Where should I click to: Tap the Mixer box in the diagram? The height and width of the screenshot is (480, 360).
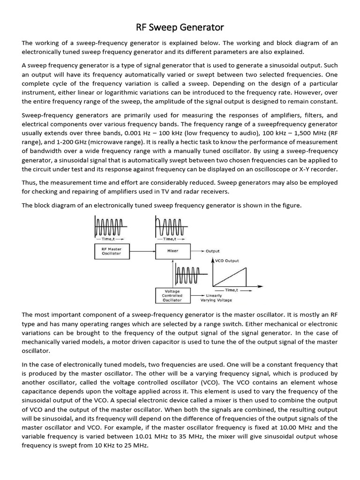[172, 251]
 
